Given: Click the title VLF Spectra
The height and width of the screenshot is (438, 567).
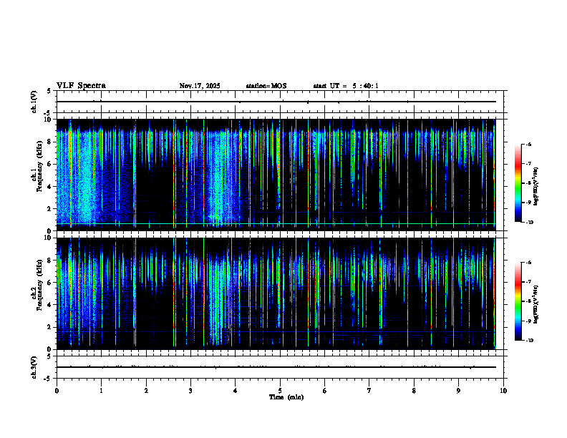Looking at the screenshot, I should (81, 86).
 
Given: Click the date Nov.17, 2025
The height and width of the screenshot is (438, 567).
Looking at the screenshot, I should (200, 86).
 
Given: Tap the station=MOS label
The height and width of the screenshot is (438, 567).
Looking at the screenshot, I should (266, 86).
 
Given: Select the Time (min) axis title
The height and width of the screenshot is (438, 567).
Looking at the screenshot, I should (286, 397).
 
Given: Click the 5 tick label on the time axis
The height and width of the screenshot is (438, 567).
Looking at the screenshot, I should (280, 391).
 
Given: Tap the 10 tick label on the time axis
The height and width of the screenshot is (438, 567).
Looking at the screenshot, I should (503, 391).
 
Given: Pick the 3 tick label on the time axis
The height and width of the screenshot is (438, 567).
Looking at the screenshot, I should (190, 391).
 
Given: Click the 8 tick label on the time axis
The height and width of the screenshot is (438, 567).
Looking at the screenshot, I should (414, 391).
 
